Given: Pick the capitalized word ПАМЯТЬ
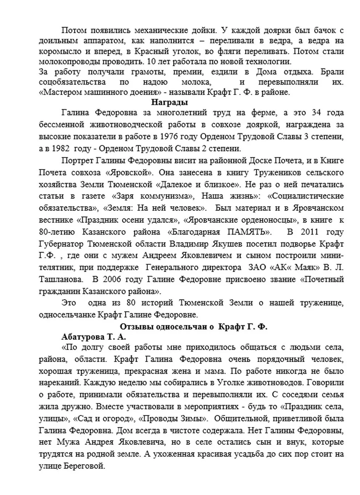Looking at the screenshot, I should coord(249,232).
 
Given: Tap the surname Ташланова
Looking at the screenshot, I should coord(61,279).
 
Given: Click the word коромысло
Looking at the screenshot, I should coord(59,51).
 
